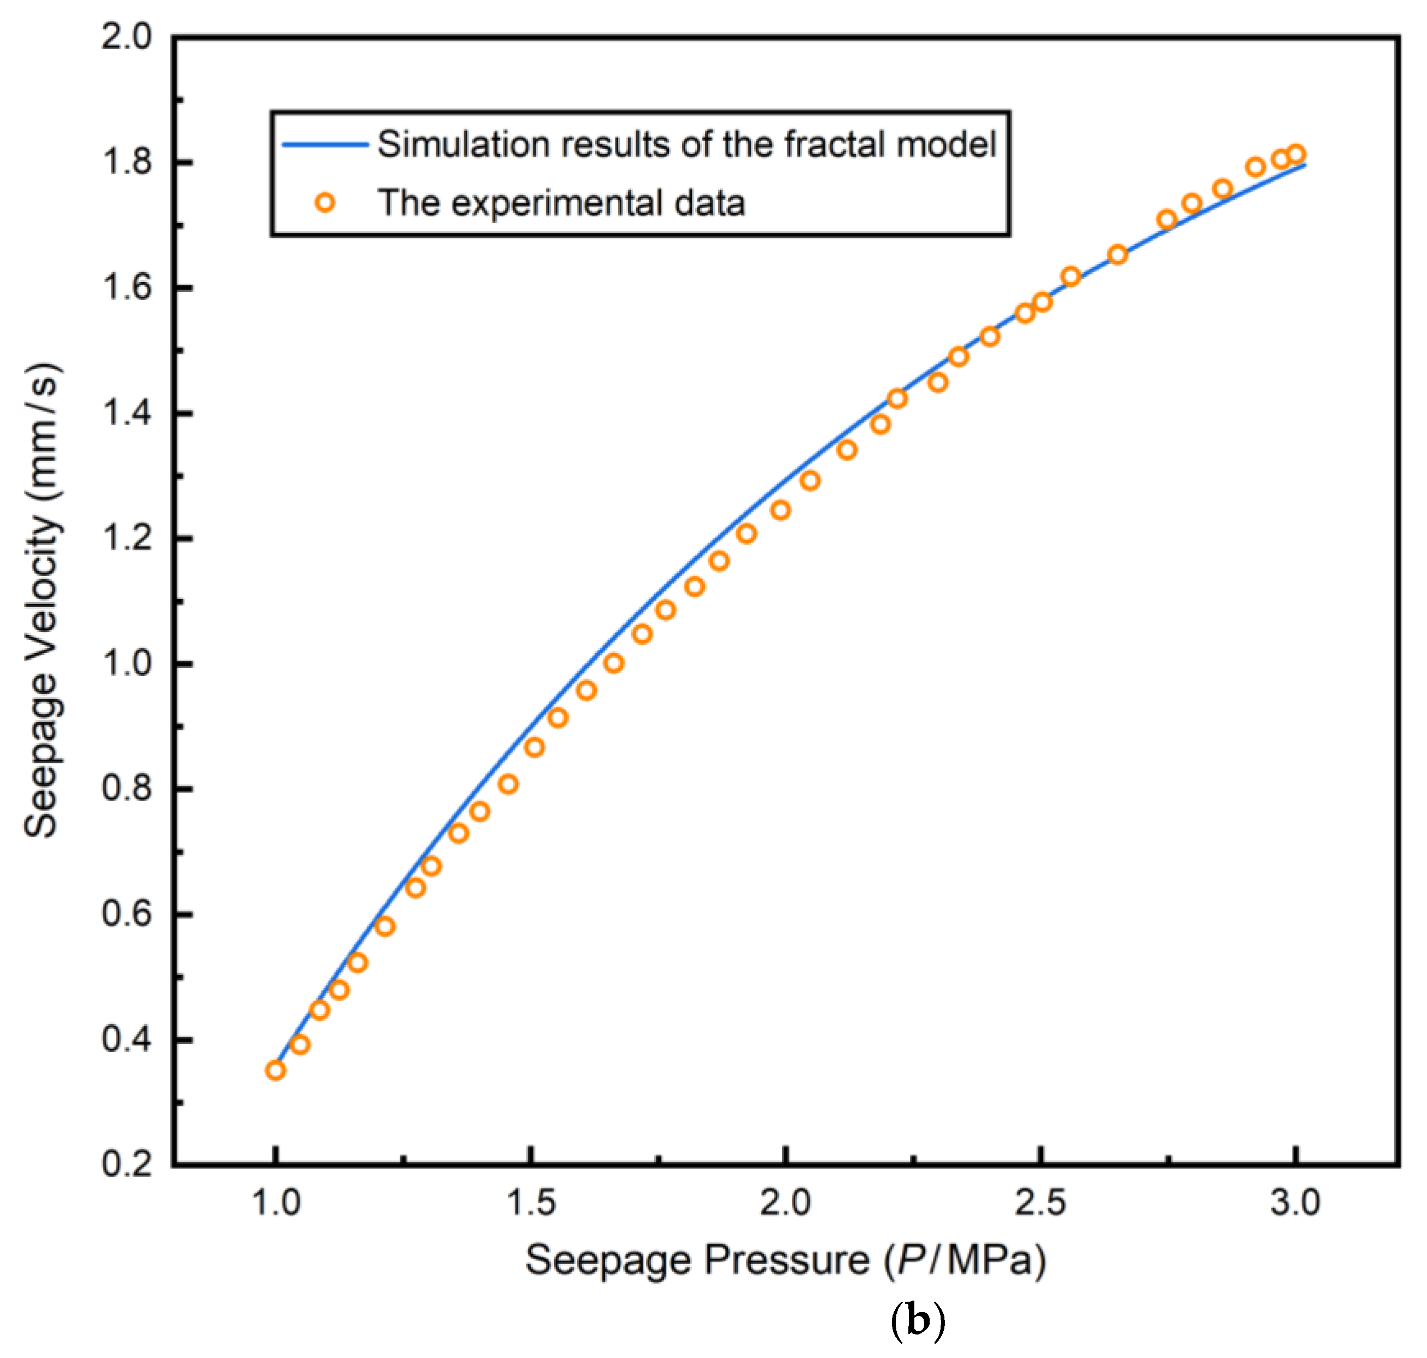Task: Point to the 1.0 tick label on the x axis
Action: coord(275,1203)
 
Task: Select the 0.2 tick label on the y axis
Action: coord(127,1165)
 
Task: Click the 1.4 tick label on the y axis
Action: coord(127,413)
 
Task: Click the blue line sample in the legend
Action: coord(325,145)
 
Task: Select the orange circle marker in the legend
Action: coord(325,203)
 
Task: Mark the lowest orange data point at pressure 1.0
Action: coord(275,1071)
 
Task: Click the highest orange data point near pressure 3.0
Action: coord(1296,154)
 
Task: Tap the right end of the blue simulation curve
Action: coord(1305,165)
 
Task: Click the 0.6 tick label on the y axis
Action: coord(127,914)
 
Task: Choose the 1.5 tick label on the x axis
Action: coord(531,1203)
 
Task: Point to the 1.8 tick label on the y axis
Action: coord(127,163)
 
